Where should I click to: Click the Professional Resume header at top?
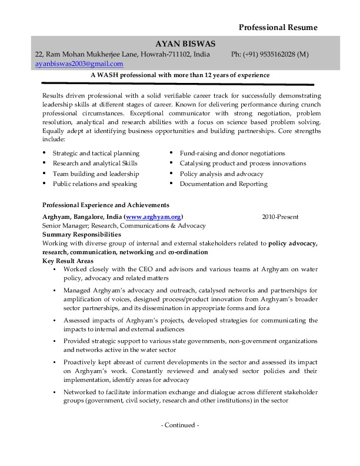click(x=278, y=28)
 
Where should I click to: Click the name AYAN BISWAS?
click(x=185, y=44)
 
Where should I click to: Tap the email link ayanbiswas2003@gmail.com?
click(x=79, y=64)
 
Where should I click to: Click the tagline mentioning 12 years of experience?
click(x=180, y=75)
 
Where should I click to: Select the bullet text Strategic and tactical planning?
click(x=96, y=153)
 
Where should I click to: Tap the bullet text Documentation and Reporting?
click(x=224, y=184)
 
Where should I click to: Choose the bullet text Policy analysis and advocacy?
click(x=222, y=174)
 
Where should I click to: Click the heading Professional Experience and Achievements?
click(x=106, y=205)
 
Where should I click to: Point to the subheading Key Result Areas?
click(x=68, y=261)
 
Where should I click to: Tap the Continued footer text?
click(x=180, y=425)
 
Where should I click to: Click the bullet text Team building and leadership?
click(x=96, y=174)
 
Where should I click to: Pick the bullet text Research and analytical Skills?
click(x=95, y=163)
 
